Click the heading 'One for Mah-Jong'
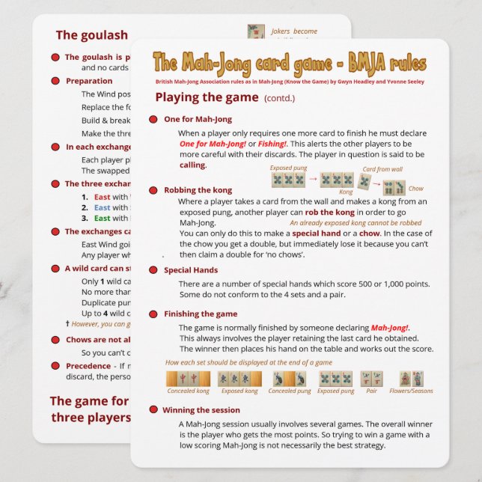pyautogui.click(x=198, y=119)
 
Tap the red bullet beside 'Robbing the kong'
pyautogui.click(x=153, y=190)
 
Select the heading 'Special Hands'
pyautogui.click(x=191, y=270)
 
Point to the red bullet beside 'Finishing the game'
pyautogui.click(x=153, y=314)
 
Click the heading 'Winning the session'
pyautogui.click(x=202, y=410)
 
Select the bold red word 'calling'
pyautogui.click(x=192, y=165)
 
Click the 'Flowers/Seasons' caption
pyautogui.click(x=411, y=391)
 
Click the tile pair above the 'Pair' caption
pyautogui.click(x=371, y=378)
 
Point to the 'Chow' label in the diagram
pyautogui.click(x=415, y=189)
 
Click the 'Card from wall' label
pyautogui.click(x=382, y=169)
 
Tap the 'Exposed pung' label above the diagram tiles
pyautogui.click(x=290, y=168)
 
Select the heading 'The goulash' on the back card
pyautogui.click(x=91, y=35)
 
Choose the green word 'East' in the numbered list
pyautogui.click(x=102, y=218)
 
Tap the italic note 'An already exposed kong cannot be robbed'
pyautogui.click(x=355, y=223)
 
